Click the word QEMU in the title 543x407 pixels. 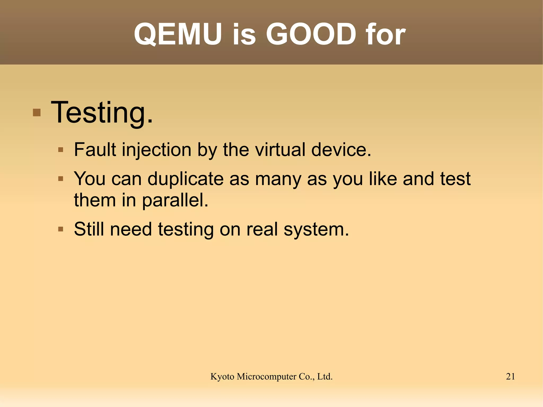pos(178,34)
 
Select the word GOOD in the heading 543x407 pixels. pos(311,34)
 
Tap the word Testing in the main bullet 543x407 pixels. pos(102,113)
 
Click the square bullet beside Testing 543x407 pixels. pos(37,113)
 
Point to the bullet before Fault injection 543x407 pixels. pos(61,150)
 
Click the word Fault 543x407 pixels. pos(95,150)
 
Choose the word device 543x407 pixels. pos(341,150)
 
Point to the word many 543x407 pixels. pos(278,179)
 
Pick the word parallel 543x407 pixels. pos(175,200)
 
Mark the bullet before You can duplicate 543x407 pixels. pos(61,179)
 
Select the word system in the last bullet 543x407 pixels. pos(316,230)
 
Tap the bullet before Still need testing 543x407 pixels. pos(61,229)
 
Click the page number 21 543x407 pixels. pos(510,377)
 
